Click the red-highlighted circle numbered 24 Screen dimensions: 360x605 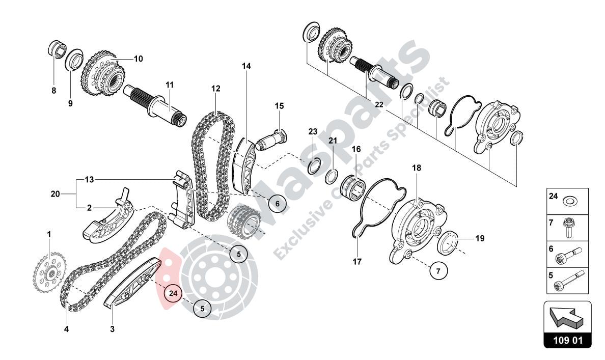pyautogui.click(x=173, y=293)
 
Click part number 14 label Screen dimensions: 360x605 pyautogui.click(x=246, y=66)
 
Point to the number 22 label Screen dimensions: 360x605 pyautogui.click(x=378, y=104)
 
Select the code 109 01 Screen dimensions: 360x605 pyautogui.click(x=567, y=340)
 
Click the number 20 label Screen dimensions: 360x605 pyautogui.click(x=55, y=193)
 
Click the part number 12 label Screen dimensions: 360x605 pyautogui.click(x=216, y=89)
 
